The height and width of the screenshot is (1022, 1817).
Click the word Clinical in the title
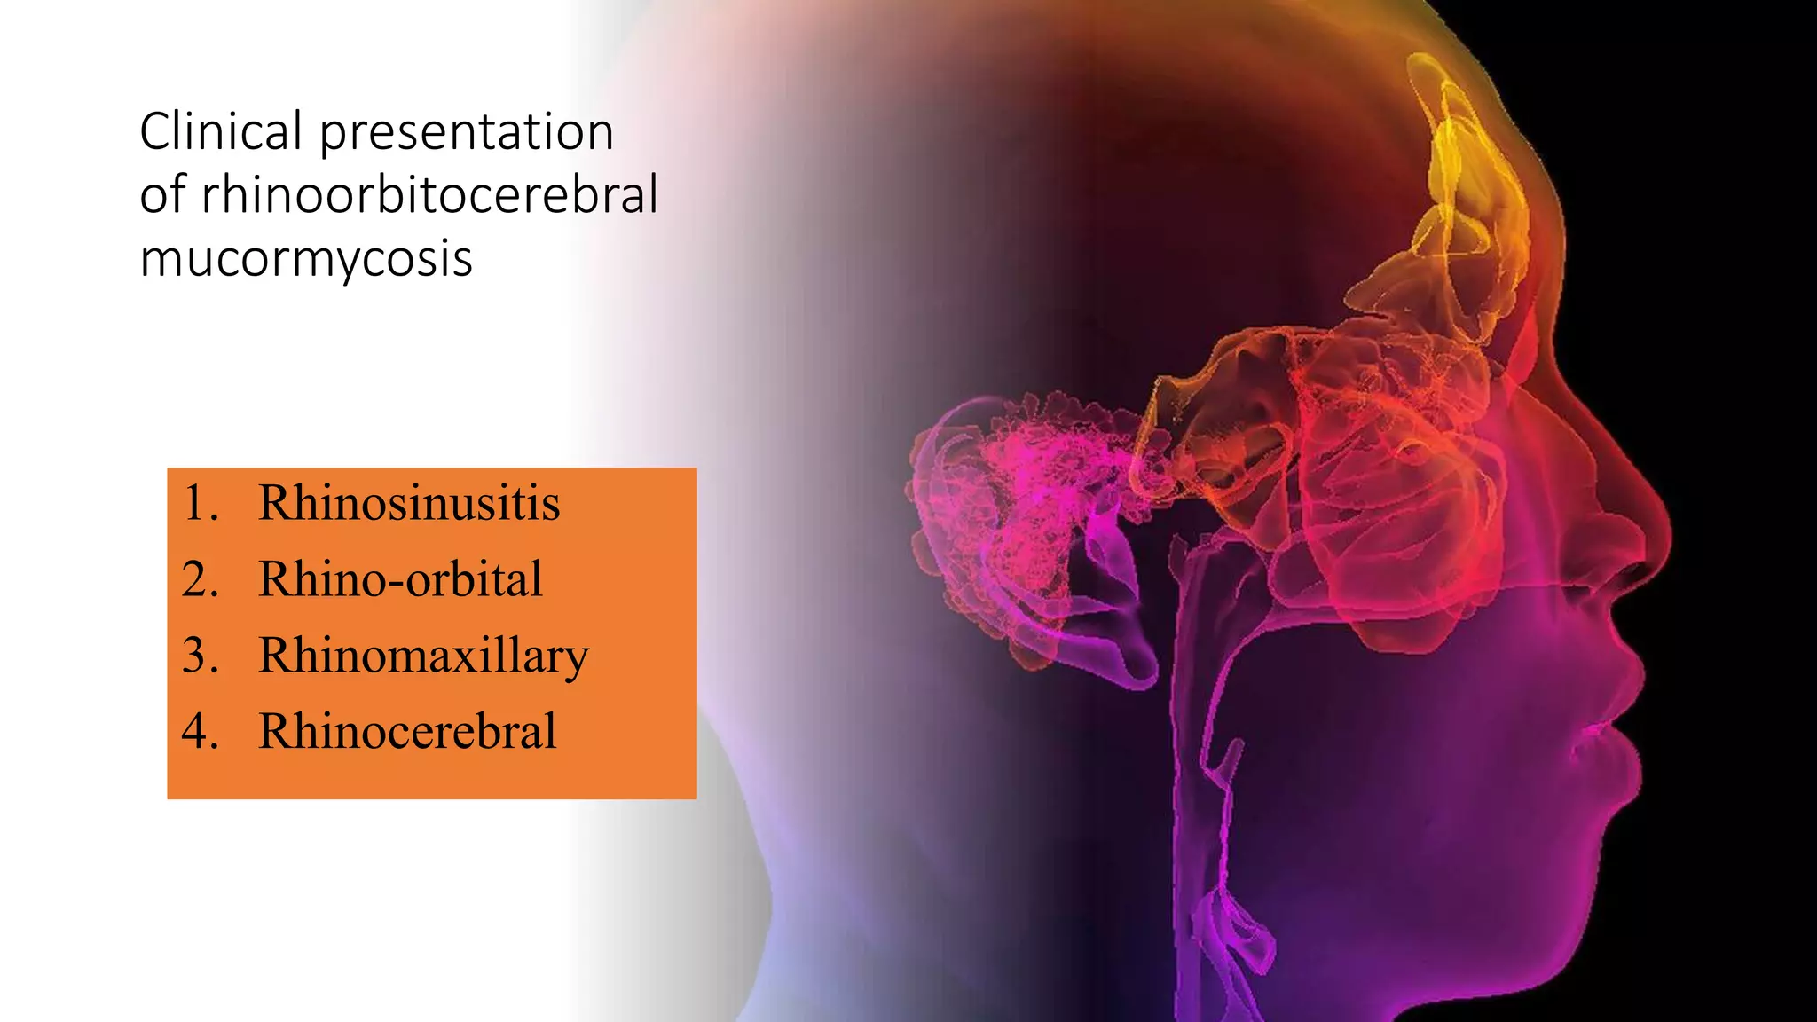tap(221, 132)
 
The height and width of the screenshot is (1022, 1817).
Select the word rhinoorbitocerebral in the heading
tap(429, 195)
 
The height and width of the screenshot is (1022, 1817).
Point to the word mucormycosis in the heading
tap(306, 259)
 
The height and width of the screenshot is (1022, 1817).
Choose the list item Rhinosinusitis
tap(409, 503)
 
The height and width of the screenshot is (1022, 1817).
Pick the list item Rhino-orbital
tap(400, 579)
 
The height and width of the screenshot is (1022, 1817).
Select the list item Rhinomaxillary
tap(423, 656)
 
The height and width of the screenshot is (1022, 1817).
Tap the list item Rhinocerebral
tap(407, 732)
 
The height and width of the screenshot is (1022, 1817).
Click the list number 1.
tap(200, 503)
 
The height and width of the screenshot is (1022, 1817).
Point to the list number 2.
tap(200, 579)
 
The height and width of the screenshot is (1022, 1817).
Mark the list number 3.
tap(200, 656)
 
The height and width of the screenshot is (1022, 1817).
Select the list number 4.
tap(200, 732)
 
